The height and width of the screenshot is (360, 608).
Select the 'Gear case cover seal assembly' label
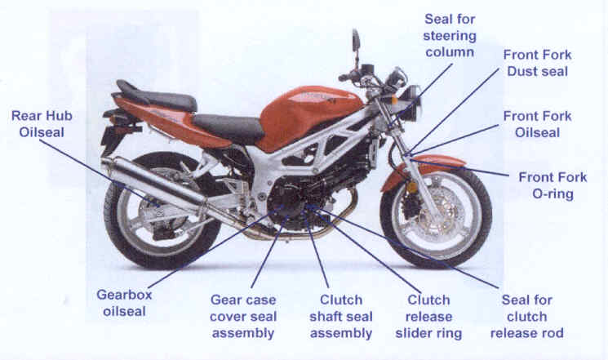coord(244,317)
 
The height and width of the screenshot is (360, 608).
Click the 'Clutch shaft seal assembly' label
coord(341,317)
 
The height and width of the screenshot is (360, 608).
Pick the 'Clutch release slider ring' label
coord(428,317)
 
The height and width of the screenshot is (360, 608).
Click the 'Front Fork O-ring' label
coord(546,185)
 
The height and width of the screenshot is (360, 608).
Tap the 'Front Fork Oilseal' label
coord(537,125)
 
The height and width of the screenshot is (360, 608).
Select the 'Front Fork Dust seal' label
coord(537,64)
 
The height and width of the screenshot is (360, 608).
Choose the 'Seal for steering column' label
coord(450,35)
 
